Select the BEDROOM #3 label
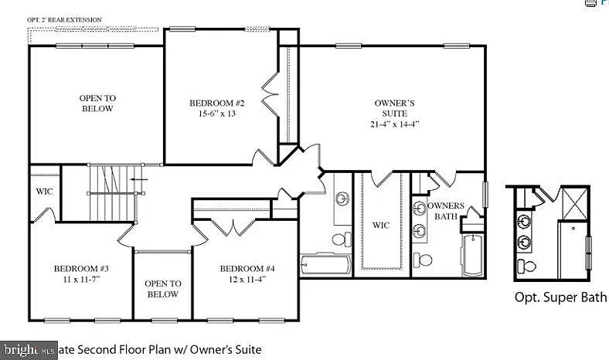[81, 269]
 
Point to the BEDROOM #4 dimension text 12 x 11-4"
[242, 279]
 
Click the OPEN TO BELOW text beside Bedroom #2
[97, 104]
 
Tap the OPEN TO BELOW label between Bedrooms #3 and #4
[162, 289]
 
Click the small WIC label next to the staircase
[43, 192]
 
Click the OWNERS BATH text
[446, 211]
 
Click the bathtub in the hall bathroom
[325, 264]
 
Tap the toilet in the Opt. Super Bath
[529, 267]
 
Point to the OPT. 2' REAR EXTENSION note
[64, 19]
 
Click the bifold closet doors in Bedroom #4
[233, 228]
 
